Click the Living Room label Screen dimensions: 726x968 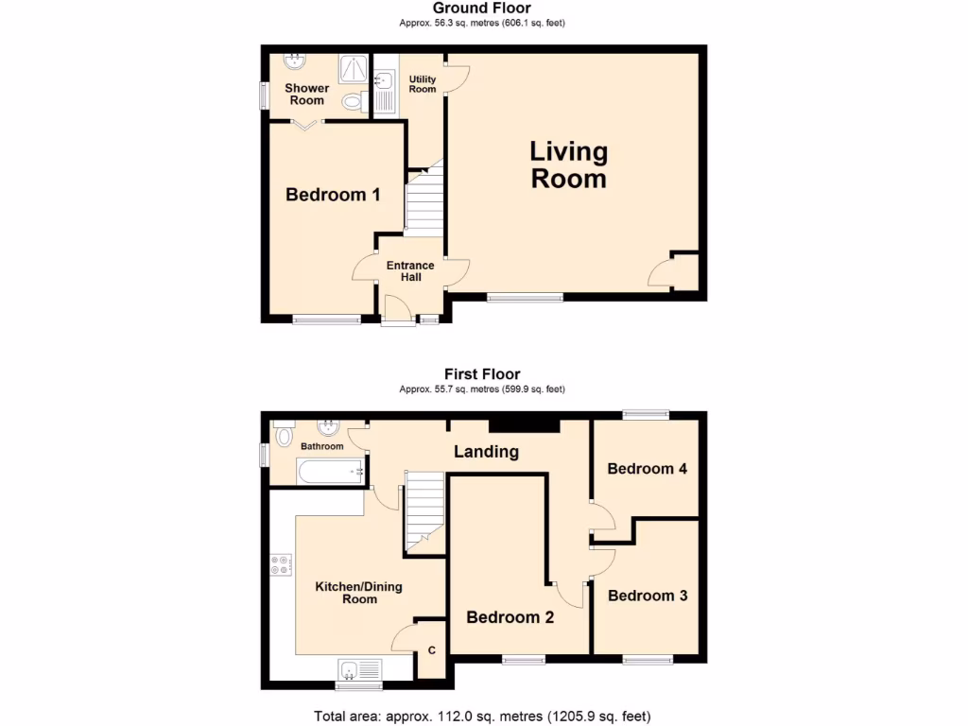tap(568, 164)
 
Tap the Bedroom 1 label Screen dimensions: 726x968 tap(333, 195)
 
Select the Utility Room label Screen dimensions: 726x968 tap(422, 83)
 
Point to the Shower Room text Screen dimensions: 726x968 tap(307, 95)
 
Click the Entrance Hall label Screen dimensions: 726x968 tap(410, 271)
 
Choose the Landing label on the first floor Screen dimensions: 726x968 tap(486, 451)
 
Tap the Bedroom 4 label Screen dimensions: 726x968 tap(647, 469)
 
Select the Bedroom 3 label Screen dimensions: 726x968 tap(647, 596)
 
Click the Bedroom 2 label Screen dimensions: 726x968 tap(510, 617)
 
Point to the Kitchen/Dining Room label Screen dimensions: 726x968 tap(358, 593)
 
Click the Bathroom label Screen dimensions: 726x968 tap(321, 446)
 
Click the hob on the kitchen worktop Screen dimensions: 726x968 tap(281, 565)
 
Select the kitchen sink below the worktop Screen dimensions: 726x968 tap(359, 670)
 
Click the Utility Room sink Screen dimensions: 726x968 tap(383, 79)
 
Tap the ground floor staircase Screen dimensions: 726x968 tap(423, 202)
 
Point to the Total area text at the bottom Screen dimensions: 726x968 tap(483, 716)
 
